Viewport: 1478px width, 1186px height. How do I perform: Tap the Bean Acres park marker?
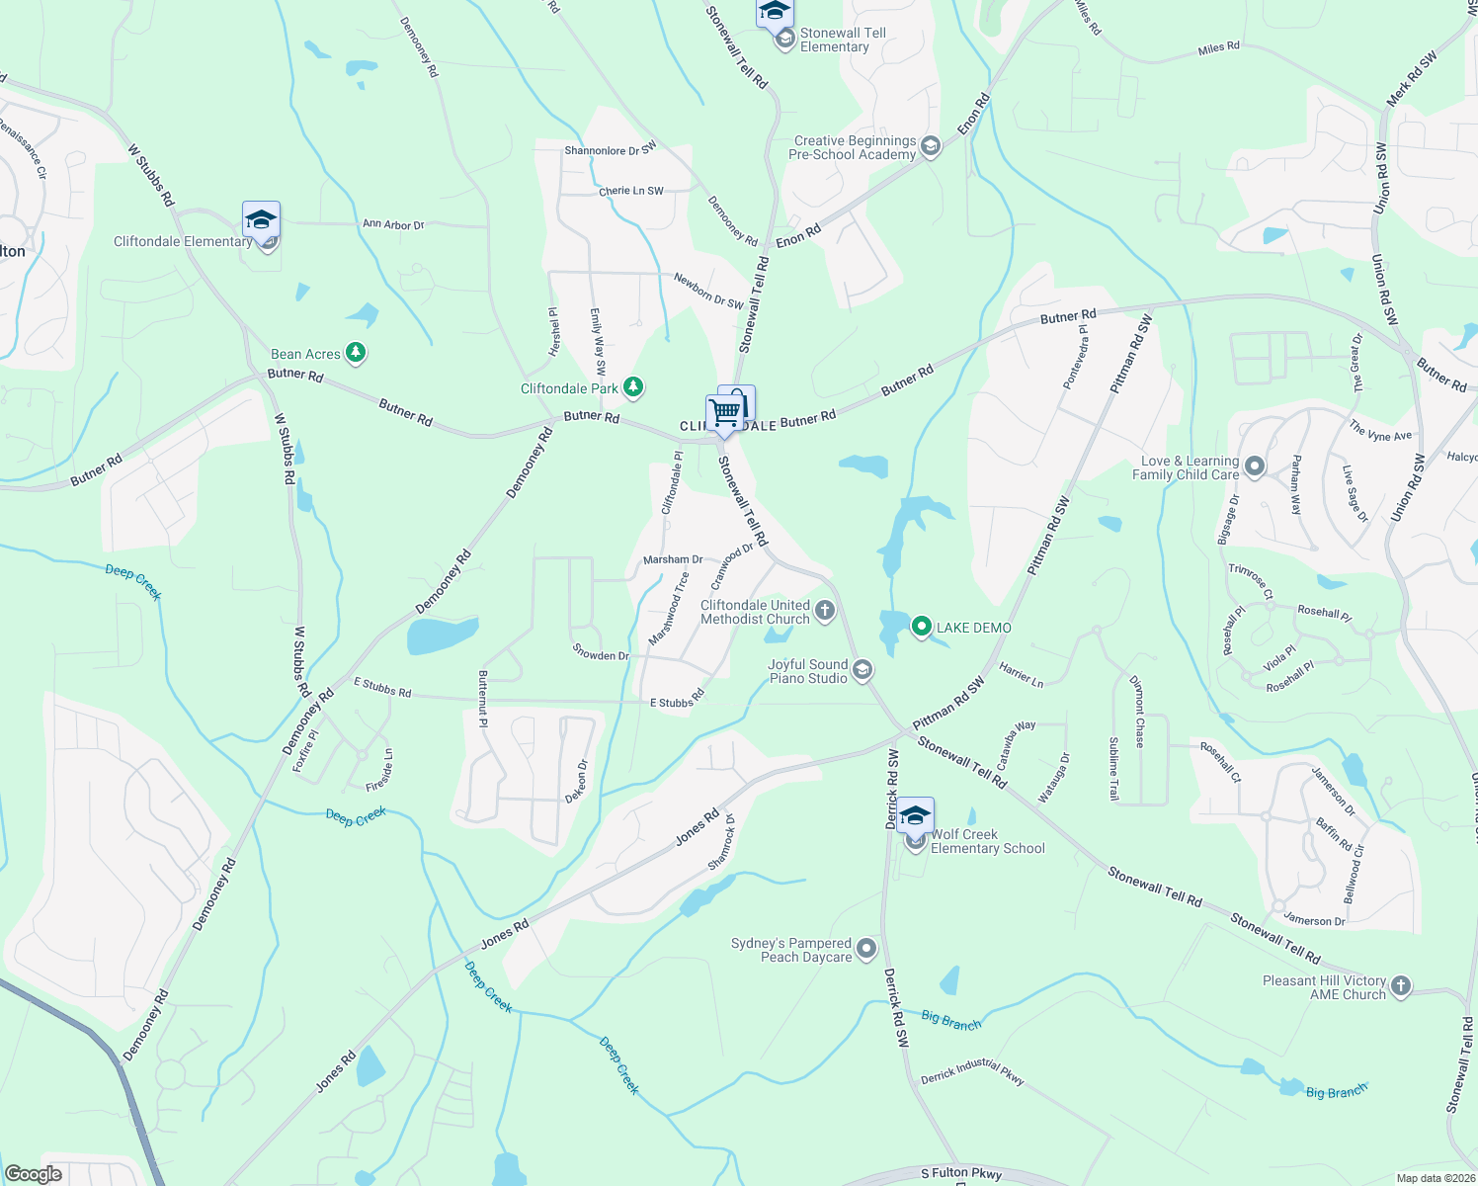pyautogui.click(x=356, y=353)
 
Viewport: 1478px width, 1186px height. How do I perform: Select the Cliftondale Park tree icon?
pyautogui.click(x=633, y=387)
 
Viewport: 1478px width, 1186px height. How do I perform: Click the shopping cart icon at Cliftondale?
pyautogui.click(x=725, y=412)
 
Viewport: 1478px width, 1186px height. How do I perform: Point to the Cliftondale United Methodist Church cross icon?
pyautogui.click(x=825, y=611)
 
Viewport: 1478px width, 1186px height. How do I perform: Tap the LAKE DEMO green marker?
pyautogui.click(x=922, y=627)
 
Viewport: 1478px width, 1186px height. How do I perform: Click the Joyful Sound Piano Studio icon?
pyautogui.click(x=862, y=671)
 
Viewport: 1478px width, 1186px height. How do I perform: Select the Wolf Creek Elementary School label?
pyautogui.click(x=987, y=841)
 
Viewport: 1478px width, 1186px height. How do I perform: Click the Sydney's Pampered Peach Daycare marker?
pyautogui.click(x=866, y=949)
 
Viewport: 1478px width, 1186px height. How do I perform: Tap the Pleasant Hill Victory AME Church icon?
pyautogui.click(x=1401, y=986)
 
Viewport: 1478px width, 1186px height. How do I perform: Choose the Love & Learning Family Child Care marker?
pyautogui.click(x=1255, y=466)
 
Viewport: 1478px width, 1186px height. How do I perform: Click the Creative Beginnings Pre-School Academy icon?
pyautogui.click(x=930, y=147)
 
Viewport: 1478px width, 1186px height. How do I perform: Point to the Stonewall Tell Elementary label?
pyautogui.click(x=843, y=40)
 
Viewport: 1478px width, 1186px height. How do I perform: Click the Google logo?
pyautogui.click(x=34, y=1173)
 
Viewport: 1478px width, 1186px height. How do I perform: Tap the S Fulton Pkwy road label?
pyautogui.click(x=960, y=1174)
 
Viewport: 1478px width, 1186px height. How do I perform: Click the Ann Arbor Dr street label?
pyautogui.click(x=393, y=224)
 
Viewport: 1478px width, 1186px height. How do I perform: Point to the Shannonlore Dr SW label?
pyautogui.click(x=610, y=150)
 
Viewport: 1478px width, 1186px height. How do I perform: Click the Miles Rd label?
pyautogui.click(x=1218, y=47)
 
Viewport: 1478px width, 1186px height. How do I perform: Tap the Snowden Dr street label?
pyautogui.click(x=601, y=655)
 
